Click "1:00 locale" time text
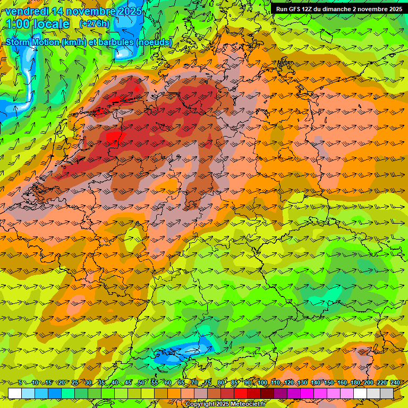click(37, 24)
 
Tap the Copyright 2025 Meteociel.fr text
click(225, 404)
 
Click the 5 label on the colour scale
click(20, 383)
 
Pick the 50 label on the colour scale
click(141, 383)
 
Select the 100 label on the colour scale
click(262, 383)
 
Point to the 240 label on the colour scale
click(395, 383)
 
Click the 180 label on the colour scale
click(355, 383)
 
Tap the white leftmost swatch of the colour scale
click(14, 393)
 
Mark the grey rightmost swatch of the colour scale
click(387, 393)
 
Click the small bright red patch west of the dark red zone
click(113, 138)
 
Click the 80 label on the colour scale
click(221, 383)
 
